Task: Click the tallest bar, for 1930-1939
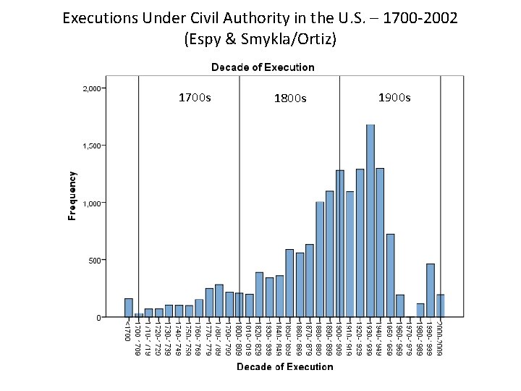370,221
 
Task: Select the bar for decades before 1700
129,308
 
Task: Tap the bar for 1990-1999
431,290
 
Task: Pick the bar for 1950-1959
390,275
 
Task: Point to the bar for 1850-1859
289,283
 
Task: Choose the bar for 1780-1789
219,300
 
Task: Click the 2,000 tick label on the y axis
92,88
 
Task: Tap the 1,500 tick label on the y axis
92,146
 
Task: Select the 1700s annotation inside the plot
195,97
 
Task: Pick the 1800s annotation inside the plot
290,98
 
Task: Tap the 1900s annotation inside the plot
394,97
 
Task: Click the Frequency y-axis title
72,195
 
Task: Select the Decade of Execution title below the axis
284,367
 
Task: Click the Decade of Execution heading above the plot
263,67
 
